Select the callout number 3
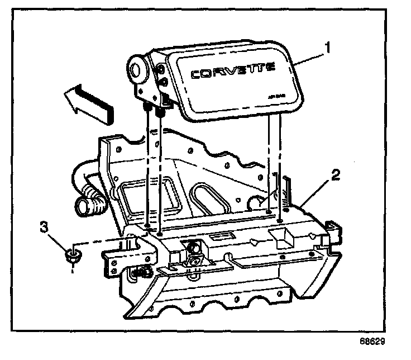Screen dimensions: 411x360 42,227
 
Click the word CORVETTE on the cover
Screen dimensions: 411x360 232,72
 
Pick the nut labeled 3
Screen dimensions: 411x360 71,257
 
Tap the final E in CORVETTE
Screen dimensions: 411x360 269,68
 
